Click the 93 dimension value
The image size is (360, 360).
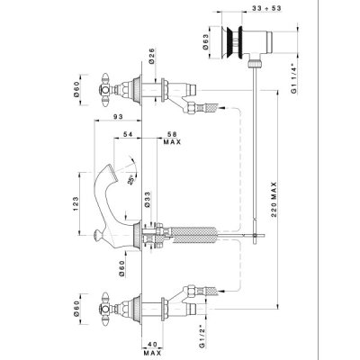click(x=119, y=117)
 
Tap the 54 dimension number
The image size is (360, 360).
click(x=128, y=134)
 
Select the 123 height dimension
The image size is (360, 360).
click(x=76, y=203)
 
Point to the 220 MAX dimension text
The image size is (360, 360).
click(x=274, y=200)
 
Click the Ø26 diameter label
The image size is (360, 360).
click(x=151, y=55)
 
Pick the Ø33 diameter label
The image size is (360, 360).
click(x=147, y=200)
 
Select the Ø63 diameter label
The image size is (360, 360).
click(x=205, y=41)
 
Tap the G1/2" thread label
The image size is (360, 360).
click(x=202, y=337)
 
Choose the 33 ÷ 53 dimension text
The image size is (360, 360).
click(x=266, y=8)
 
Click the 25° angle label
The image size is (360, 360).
click(x=130, y=180)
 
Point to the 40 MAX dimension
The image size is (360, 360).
click(x=152, y=348)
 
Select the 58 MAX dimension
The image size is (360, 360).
click(x=173, y=138)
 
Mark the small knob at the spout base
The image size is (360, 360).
click(x=97, y=235)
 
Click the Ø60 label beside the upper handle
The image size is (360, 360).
click(x=76, y=89)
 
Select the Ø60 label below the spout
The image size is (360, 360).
click(x=121, y=268)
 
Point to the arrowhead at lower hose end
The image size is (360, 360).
click(x=221, y=291)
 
